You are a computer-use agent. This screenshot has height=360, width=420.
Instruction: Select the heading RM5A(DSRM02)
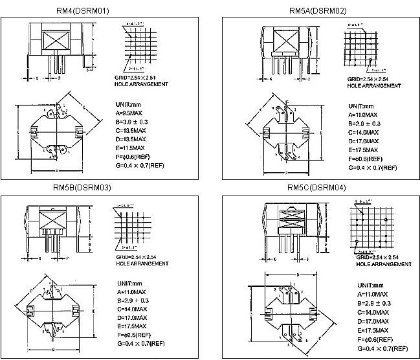coord(318,10)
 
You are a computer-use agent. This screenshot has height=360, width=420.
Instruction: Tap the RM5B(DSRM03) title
coord(80,188)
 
